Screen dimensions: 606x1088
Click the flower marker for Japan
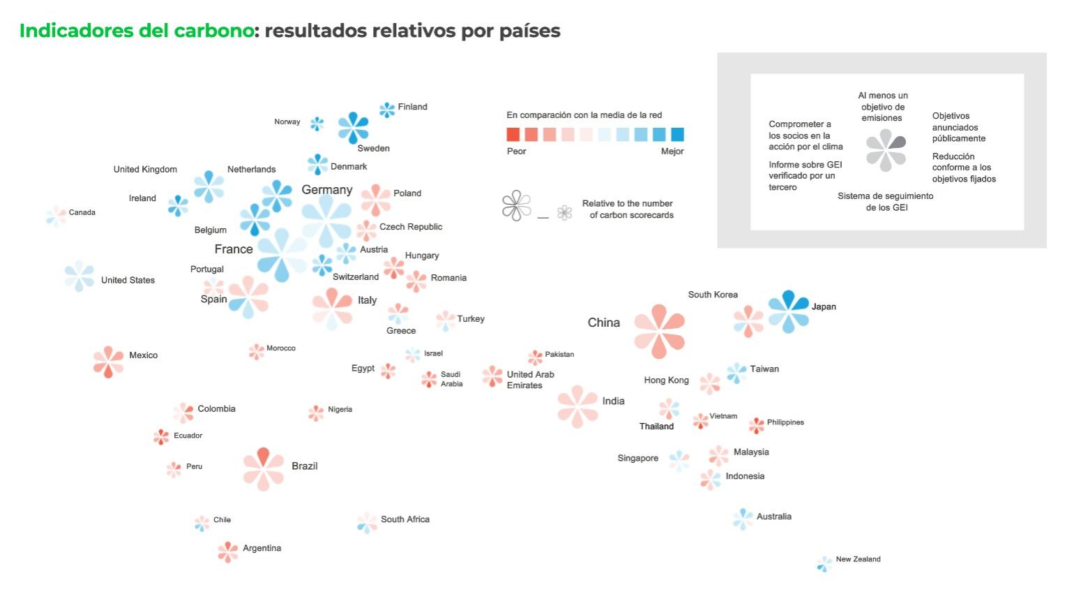pos(789,311)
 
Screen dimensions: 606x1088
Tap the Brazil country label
pos(304,466)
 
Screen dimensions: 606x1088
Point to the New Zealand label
pos(858,559)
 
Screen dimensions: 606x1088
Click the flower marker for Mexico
pos(108,362)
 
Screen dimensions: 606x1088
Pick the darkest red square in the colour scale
pos(513,135)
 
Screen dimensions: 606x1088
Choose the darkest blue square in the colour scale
pos(677,135)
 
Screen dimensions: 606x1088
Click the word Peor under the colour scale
pos(516,151)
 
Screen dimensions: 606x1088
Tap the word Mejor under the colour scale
pos(672,151)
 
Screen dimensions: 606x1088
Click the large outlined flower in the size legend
pos(517,206)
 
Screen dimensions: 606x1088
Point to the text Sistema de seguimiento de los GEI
pos(885,202)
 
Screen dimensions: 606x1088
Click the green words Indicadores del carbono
pos(136,31)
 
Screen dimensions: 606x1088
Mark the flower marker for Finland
pos(387,110)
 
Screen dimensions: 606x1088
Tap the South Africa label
pos(405,519)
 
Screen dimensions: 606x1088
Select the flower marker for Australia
pos(743,519)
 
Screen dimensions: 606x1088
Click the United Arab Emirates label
pos(530,380)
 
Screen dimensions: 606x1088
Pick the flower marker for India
pos(577,406)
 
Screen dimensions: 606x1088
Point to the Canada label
pos(82,212)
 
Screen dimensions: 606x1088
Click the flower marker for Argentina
pos(228,552)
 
